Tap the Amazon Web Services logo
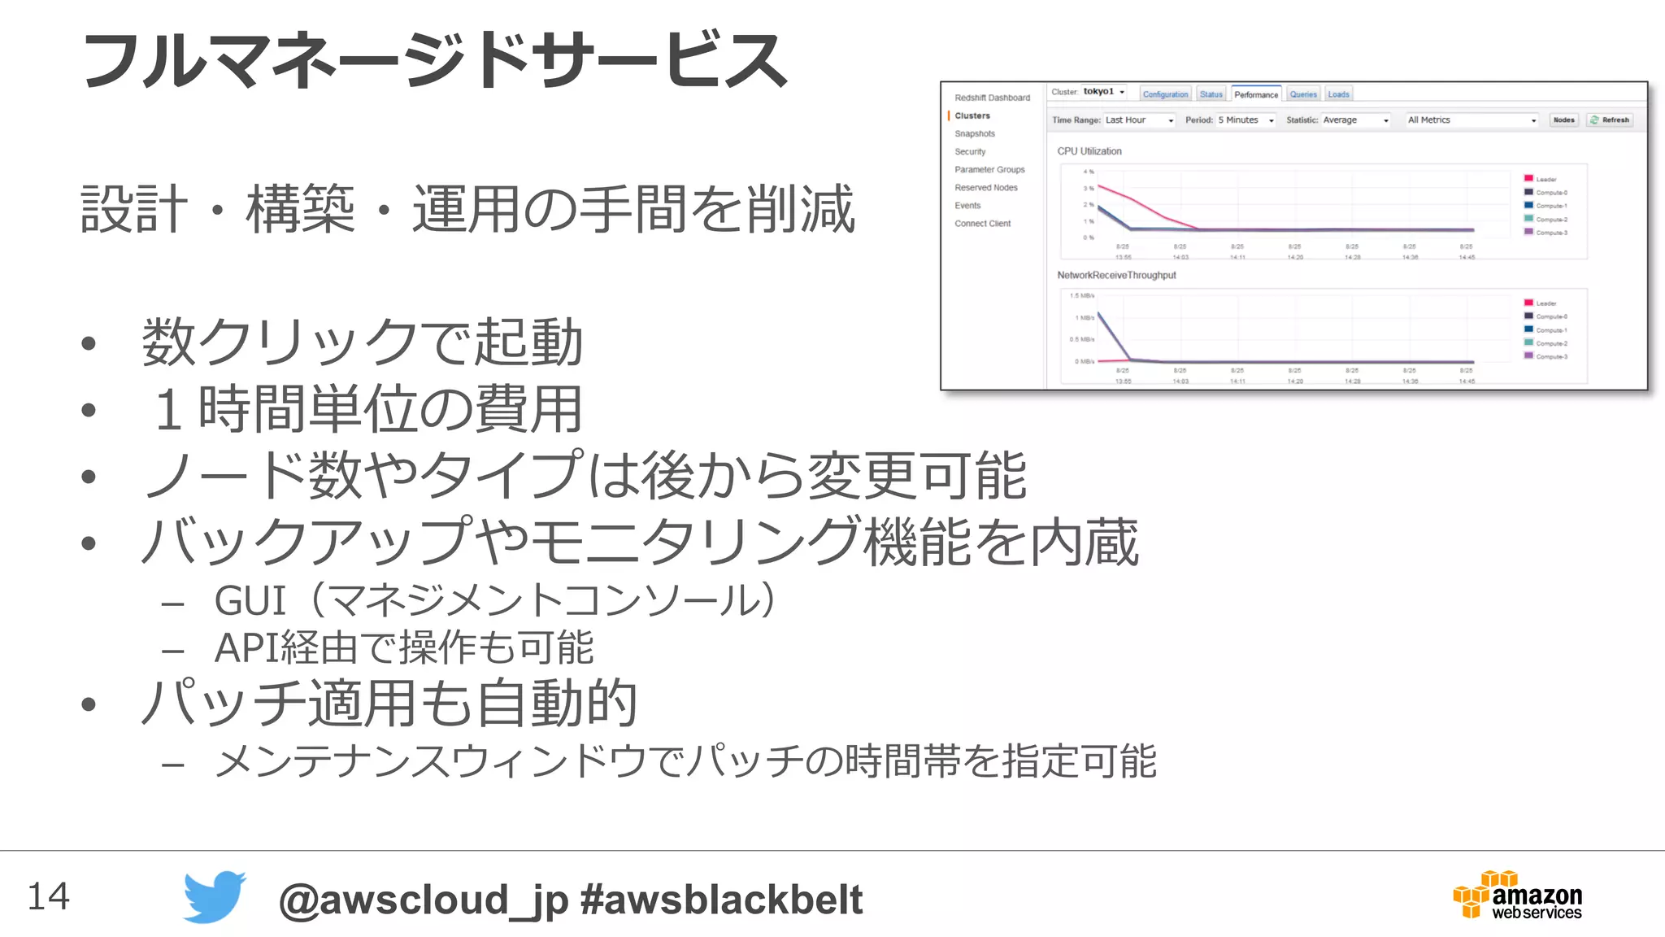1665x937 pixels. pos(1517,895)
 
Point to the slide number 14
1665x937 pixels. pos(49,896)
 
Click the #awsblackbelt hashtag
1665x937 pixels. pos(721,900)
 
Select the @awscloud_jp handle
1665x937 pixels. pos(423,900)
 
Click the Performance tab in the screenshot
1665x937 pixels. pos(1256,95)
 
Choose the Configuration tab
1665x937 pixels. pos(1165,95)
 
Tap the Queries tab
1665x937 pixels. pos(1303,95)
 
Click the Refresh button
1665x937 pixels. pos(1610,120)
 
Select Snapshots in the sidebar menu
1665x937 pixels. pos(975,134)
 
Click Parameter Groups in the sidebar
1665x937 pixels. pos(989,170)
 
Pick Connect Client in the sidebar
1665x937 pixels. pos(982,224)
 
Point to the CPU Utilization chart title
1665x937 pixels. pos(1089,151)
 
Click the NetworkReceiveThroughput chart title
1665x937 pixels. pos(1116,276)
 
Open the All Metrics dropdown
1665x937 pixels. pos(1472,120)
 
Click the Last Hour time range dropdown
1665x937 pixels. pos(1139,120)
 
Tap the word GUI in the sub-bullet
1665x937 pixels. pos(250,601)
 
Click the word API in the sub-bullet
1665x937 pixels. pos(246,648)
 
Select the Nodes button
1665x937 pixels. pos(1563,120)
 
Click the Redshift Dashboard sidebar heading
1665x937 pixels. pos(992,98)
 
